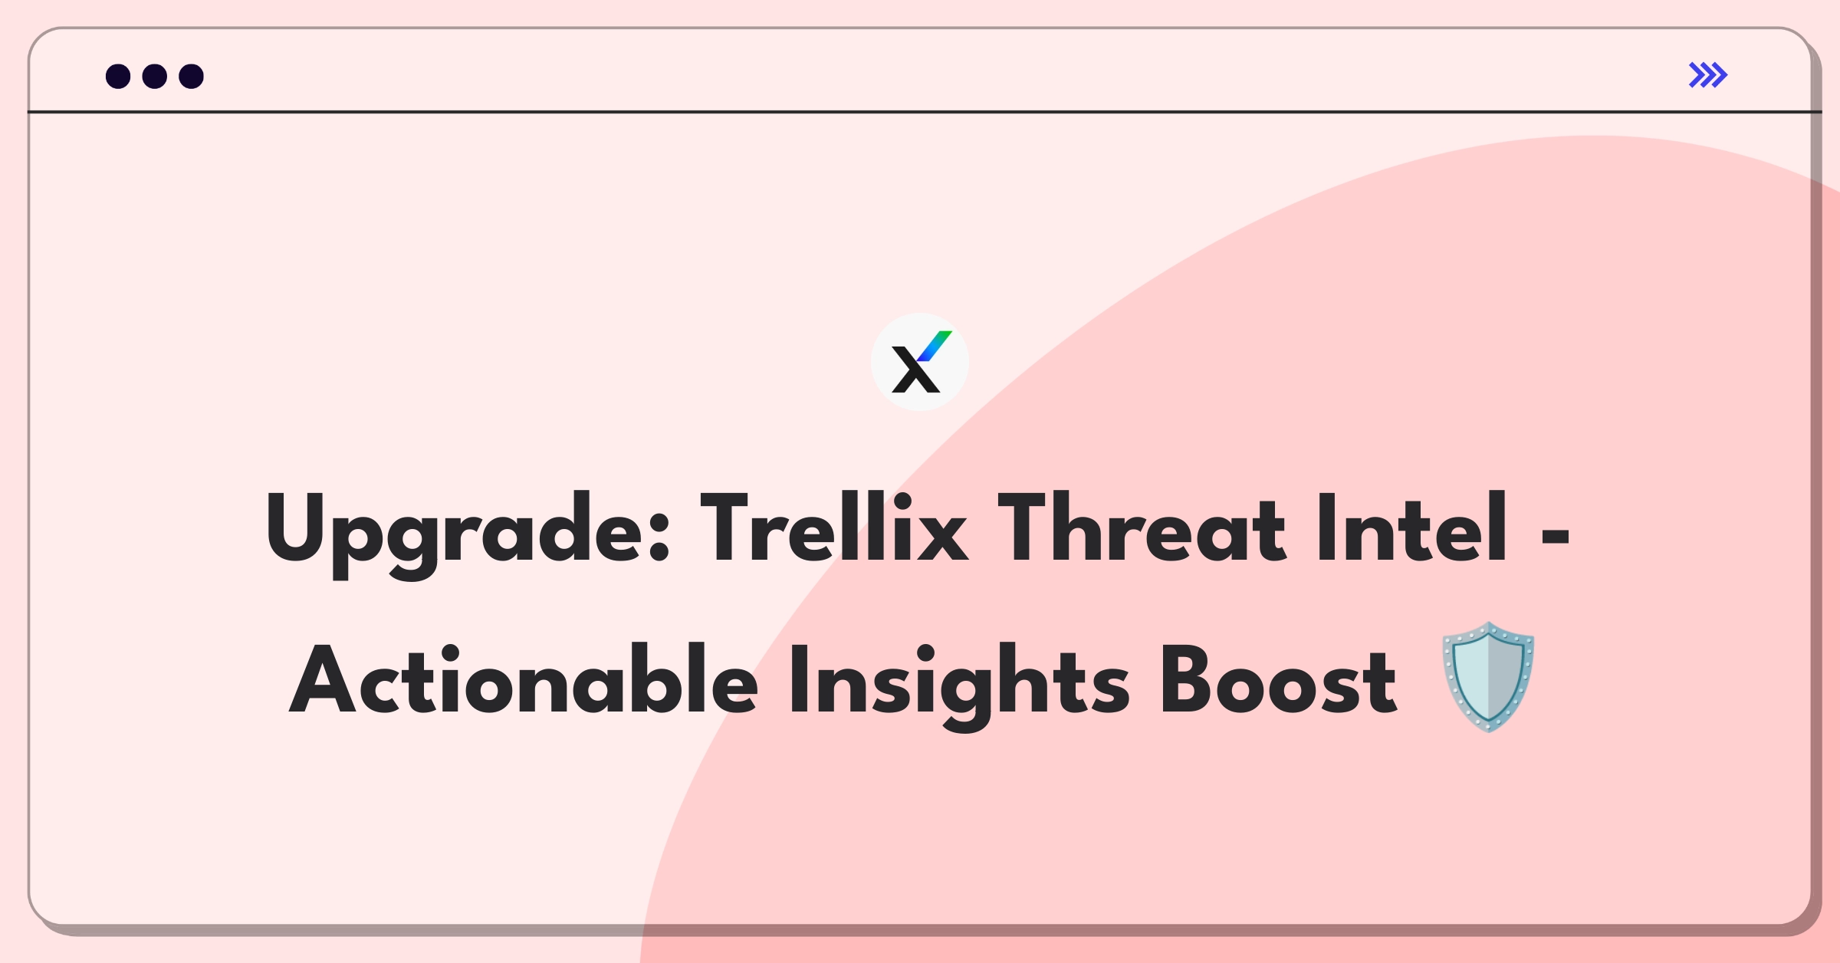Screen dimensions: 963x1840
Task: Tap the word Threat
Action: (1142, 529)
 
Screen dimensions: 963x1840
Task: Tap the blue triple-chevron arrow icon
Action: (1708, 75)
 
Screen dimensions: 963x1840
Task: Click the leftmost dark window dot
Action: (118, 77)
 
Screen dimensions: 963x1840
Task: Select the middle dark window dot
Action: (155, 77)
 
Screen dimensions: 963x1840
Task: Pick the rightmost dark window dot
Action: (192, 77)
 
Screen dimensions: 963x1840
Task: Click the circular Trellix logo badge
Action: (919, 362)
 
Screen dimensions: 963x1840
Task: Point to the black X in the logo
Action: (914, 371)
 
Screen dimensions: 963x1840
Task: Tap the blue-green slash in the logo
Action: (935, 346)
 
